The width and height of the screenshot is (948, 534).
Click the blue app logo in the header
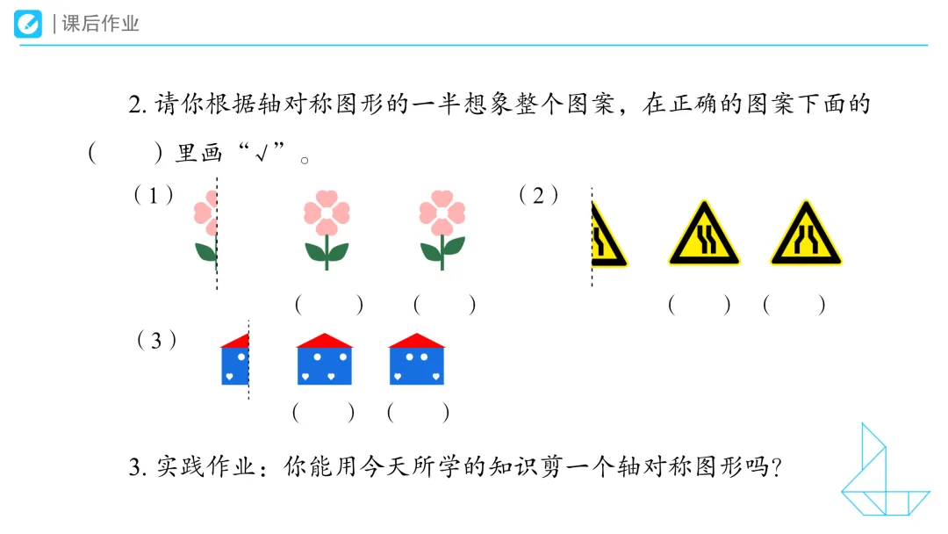click(28, 24)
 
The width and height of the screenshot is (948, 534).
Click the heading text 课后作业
click(100, 24)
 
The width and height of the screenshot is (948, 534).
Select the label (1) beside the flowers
click(153, 195)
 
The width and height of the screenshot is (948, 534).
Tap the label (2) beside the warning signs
click(539, 195)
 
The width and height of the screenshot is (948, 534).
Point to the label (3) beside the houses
click(157, 340)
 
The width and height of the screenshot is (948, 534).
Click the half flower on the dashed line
click(205, 230)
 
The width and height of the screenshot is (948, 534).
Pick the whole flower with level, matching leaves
click(327, 230)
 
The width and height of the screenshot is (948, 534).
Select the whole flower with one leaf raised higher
click(442, 230)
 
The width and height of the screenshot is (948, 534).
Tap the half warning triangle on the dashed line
click(608, 235)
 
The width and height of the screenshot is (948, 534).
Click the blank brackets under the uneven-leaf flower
click(444, 305)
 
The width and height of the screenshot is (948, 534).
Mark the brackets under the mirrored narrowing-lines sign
click(794, 305)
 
